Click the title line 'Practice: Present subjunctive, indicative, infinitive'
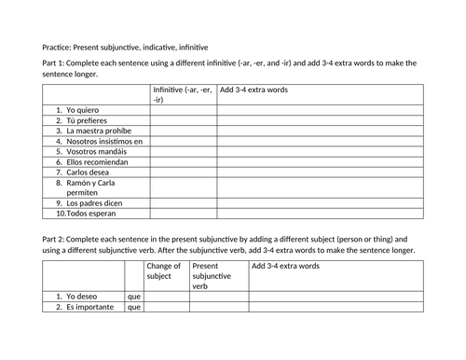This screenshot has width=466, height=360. [126, 47]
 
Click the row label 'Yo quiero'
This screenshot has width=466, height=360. [81, 109]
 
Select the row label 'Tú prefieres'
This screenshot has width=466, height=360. [84, 120]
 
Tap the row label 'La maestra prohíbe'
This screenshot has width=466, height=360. [94, 131]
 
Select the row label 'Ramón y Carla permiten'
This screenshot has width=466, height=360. [93, 187]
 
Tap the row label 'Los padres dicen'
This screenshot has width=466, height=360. [91, 202]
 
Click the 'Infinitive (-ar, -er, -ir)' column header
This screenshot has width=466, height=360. [183, 93]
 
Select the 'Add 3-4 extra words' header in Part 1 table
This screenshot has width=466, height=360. [254, 90]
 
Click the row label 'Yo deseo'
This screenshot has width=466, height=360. [81, 297]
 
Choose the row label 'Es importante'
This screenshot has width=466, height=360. [89, 307]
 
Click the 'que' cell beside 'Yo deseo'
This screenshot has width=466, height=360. [133, 297]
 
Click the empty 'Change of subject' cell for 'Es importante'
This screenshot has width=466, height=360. [166, 307]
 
